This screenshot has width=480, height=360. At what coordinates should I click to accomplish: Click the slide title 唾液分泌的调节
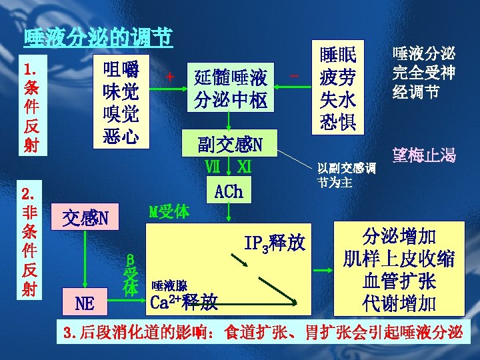tap(98, 36)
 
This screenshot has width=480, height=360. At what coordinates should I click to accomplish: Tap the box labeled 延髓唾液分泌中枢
tap(230, 90)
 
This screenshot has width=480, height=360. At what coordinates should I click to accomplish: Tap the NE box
tap(85, 303)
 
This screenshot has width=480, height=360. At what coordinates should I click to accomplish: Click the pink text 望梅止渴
tap(425, 157)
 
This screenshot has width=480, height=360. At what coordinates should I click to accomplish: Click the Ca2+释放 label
tap(185, 302)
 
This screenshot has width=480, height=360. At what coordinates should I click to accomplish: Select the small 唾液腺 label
tap(168, 285)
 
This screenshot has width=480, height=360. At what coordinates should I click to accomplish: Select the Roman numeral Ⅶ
tap(213, 166)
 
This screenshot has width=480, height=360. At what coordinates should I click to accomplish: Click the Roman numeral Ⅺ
tap(244, 166)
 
